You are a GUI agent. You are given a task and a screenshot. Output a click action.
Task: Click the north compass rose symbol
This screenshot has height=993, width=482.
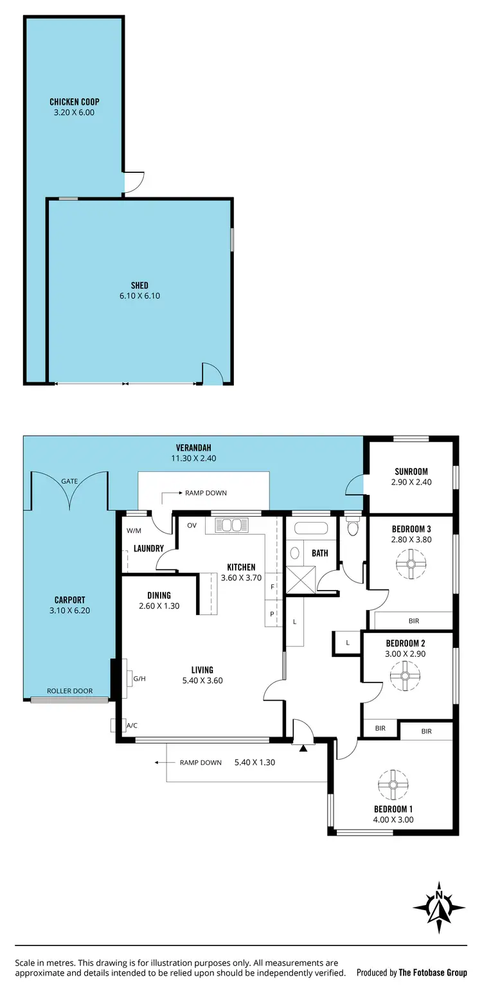(x=439, y=907)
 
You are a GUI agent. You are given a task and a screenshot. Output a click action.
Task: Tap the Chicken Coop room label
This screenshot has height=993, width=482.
(x=75, y=102)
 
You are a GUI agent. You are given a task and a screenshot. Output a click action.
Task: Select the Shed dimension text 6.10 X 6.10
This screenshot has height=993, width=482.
(x=139, y=296)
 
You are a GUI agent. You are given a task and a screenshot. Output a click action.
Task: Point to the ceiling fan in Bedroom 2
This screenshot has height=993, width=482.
(x=406, y=675)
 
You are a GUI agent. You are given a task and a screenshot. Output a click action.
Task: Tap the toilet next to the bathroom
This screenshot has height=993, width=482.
(x=351, y=528)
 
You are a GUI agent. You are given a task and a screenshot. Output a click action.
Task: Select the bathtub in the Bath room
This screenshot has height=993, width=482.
(x=311, y=529)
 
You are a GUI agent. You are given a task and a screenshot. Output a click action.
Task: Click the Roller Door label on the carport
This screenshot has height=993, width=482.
(x=69, y=691)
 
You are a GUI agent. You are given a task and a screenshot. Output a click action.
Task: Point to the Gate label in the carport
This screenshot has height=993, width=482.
(x=69, y=481)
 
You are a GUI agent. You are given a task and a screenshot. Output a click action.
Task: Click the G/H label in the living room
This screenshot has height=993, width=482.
(x=139, y=678)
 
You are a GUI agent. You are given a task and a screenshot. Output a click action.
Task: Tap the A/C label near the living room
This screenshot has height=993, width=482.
(x=132, y=726)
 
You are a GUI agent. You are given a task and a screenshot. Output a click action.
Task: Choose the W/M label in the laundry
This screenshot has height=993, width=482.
(x=134, y=531)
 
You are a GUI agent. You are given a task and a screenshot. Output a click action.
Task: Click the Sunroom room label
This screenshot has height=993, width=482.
(x=411, y=471)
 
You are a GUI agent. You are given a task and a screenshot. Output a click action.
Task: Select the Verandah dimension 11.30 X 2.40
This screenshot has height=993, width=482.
(x=193, y=459)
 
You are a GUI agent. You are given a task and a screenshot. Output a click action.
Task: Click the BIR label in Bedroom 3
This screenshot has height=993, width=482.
(x=414, y=622)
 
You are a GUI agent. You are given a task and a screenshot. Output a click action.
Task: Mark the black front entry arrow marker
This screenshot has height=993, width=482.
(x=303, y=747)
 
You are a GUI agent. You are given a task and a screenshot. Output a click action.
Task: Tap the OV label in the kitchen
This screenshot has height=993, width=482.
(x=192, y=525)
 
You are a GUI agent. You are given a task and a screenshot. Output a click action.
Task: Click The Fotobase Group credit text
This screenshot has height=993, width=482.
(x=433, y=973)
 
